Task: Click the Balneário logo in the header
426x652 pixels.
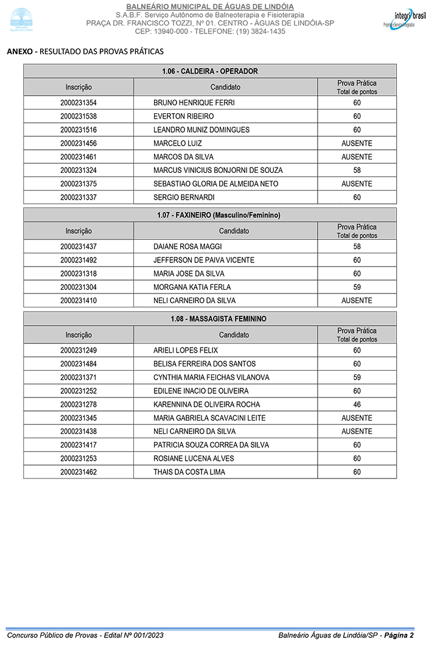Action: pyautogui.click(x=22, y=19)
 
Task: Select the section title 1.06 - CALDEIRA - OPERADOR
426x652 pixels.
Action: pyautogui.click(x=210, y=71)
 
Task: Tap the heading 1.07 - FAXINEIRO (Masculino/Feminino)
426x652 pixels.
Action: pyautogui.click(x=210, y=215)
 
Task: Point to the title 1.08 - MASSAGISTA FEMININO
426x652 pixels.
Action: pyautogui.click(x=210, y=319)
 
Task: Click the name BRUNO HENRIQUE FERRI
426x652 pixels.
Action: pyautogui.click(x=194, y=103)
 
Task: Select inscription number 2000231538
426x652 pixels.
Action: pyautogui.click(x=79, y=116)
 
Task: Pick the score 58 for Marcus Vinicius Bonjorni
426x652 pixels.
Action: pyautogui.click(x=357, y=170)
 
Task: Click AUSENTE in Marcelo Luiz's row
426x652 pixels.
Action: pyautogui.click(x=357, y=144)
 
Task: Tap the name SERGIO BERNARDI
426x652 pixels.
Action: pyautogui.click(x=184, y=197)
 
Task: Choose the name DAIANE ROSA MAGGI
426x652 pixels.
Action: pyautogui.click(x=187, y=247)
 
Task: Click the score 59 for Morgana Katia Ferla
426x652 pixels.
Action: pyautogui.click(x=357, y=287)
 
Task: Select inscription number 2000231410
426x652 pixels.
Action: pyautogui.click(x=79, y=301)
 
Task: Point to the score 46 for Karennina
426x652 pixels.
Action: pyautogui.click(x=357, y=405)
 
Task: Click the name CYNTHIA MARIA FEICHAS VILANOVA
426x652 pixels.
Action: pyautogui.click(x=211, y=377)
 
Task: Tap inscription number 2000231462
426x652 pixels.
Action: pyautogui.click(x=79, y=472)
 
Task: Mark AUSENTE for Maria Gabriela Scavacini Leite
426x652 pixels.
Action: pyautogui.click(x=357, y=418)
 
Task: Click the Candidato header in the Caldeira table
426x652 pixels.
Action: pyautogui.click(x=225, y=87)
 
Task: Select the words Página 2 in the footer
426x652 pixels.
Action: pyautogui.click(x=399, y=636)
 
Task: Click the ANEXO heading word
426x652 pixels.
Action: pyautogui.click(x=19, y=52)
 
